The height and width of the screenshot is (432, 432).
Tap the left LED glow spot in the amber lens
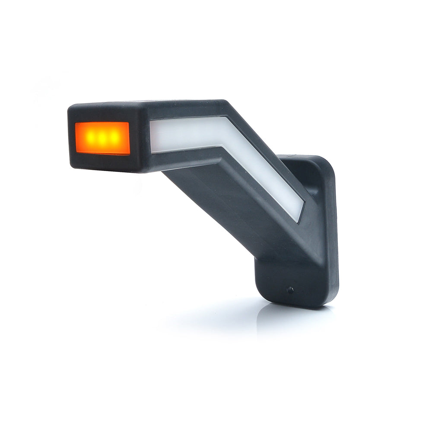pos(89,138)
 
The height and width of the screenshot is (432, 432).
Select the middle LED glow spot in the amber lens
pos(102,138)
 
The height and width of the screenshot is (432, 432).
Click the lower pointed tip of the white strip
pos(298,220)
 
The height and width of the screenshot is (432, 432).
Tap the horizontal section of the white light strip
pos(186,134)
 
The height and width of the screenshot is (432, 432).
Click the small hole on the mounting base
pos(290,290)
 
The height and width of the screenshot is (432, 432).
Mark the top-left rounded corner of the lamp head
pos(73,108)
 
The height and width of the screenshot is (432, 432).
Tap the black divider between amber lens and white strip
pos(140,137)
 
